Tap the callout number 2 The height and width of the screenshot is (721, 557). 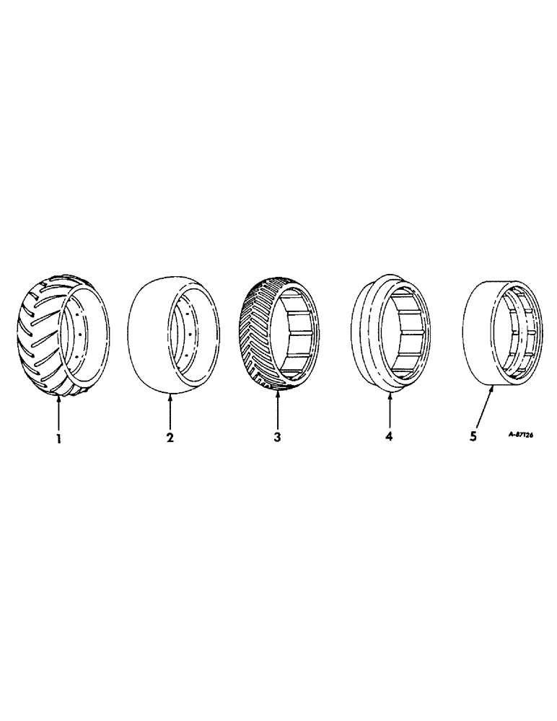click(x=170, y=438)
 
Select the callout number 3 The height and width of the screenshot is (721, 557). click(x=277, y=438)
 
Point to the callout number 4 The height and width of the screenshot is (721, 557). click(x=389, y=437)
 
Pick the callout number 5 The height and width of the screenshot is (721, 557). click(x=473, y=437)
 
